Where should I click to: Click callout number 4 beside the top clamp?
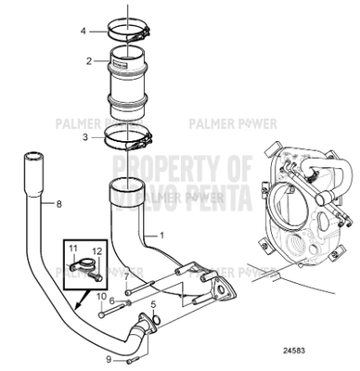[83, 31]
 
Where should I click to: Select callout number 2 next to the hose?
[88, 61]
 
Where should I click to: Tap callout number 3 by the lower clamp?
[84, 135]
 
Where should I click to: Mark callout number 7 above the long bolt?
[126, 276]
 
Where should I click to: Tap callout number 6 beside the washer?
[111, 301]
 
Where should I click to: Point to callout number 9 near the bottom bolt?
[109, 358]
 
